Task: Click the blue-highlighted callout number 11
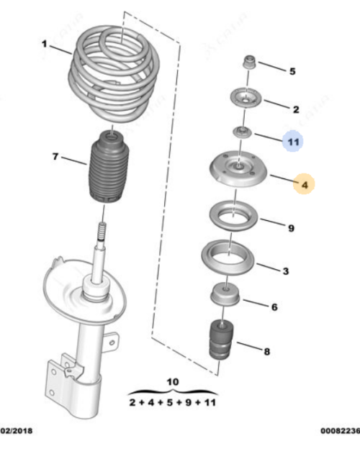coord(293,142)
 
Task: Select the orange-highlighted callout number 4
coord(305,184)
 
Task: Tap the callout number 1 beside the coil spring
coord(44,44)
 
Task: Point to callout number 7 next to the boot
coord(55,157)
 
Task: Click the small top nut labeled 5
coord(250,63)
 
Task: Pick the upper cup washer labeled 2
coord(246,98)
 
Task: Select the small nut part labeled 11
coord(242,132)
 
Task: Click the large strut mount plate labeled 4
coord(238,169)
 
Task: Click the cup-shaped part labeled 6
coord(225,295)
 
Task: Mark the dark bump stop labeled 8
coord(221,340)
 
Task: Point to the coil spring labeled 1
coord(114,76)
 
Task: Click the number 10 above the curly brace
coord(173,382)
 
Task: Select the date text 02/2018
coord(17,430)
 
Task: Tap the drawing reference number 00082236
coord(340,430)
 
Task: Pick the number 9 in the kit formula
coord(189,402)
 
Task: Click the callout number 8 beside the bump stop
coord(266,352)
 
